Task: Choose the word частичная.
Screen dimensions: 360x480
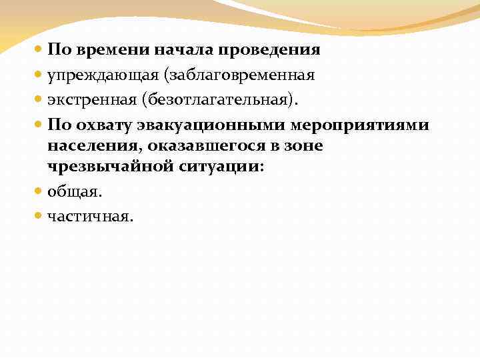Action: [x=91, y=216]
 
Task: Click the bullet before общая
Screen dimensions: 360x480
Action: [x=39, y=191]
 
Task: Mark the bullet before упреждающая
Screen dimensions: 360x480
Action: [x=39, y=75]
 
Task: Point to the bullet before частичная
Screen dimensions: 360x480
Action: [x=39, y=216]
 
